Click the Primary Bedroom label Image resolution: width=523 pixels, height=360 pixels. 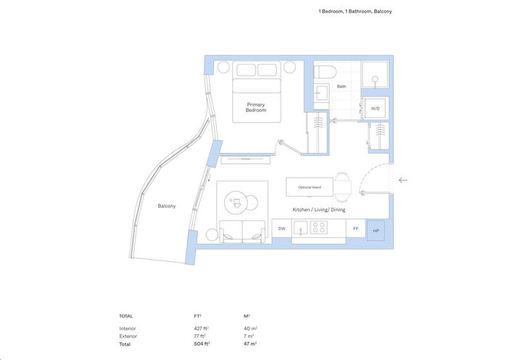[256, 107]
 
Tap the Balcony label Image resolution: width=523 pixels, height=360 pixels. [167, 206]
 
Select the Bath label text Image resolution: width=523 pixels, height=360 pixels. [341, 86]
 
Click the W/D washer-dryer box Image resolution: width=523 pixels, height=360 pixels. [375, 108]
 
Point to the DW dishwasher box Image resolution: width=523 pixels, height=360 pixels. [281, 228]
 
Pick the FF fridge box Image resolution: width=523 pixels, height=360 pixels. [355, 228]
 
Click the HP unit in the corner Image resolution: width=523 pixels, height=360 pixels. [376, 231]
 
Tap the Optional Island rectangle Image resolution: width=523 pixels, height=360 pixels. [310, 187]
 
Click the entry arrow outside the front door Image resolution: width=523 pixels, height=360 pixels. [403, 180]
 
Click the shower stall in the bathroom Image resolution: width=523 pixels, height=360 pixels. [375, 75]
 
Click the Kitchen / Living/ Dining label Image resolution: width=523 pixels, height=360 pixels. [318, 210]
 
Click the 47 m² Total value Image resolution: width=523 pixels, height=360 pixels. [250, 345]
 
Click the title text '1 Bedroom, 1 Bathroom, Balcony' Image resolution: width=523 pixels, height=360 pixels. [355, 12]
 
